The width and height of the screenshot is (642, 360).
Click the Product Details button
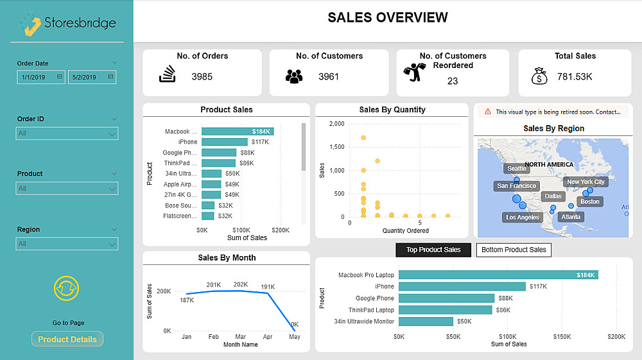tap(67, 339)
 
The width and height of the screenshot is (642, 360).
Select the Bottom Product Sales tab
tap(514, 250)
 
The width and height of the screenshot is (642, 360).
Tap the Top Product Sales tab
tap(433, 250)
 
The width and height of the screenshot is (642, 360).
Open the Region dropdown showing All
tap(67, 244)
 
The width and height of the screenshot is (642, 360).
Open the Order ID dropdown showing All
tap(67, 133)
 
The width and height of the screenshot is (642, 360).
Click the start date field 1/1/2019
tap(41, 77)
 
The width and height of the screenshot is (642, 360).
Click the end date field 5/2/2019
tap(92, 77)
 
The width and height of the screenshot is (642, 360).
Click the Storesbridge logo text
tap(80, 23)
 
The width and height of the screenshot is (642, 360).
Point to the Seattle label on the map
tap(517, 169)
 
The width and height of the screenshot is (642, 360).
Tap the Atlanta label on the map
tap(571, 217)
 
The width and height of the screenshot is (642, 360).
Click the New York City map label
tap(586, 182)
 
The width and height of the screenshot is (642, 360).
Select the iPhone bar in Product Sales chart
tap(224, 142)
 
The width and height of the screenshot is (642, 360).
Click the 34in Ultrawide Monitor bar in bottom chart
tap(426, 321)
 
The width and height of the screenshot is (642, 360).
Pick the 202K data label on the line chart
tap(241, 284)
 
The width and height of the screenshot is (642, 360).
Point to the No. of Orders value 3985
tap(202, 77)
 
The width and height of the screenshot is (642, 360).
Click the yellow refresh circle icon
tap(67, 289)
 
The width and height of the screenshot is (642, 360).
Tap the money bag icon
tap(539, 77)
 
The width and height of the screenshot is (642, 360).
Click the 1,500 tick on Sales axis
tap(336, 147)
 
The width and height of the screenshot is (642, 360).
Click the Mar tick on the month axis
tap(241, 336)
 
